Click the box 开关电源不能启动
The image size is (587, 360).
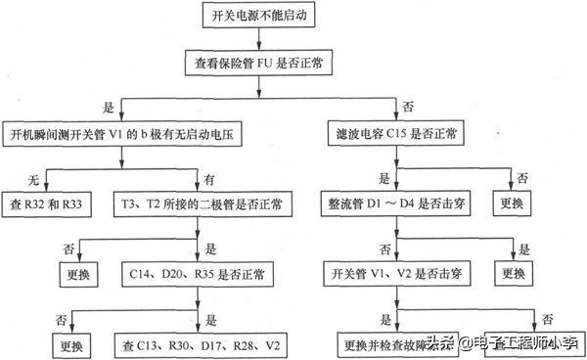(x=257, y=16)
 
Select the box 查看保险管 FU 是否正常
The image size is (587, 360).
(x=257, y=62)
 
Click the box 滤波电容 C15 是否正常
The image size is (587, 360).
(x=398, y=133)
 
